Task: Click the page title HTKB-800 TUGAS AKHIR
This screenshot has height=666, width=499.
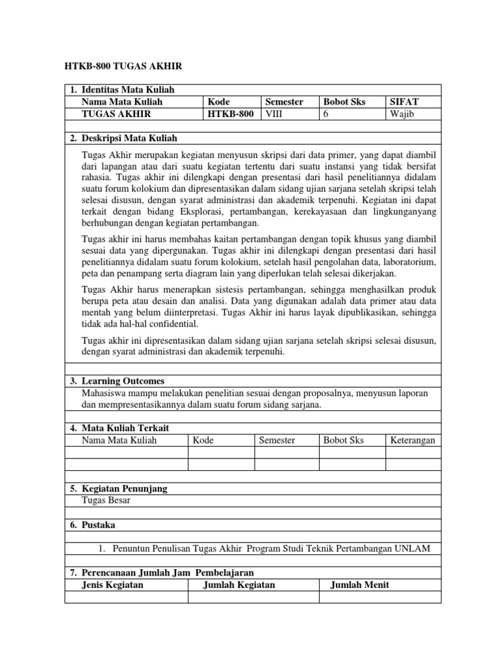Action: [123, 66]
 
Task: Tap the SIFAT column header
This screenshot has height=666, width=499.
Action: [403, 102]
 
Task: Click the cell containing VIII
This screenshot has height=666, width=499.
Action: [274, 114]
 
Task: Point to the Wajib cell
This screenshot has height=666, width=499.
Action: [402, 114]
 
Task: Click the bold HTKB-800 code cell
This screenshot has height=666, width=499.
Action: [231, 114]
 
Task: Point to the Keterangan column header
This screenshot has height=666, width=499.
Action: [413, 440]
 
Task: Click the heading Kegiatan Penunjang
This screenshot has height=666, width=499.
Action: [124, 488]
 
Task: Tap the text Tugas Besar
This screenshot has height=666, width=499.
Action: [106, 500]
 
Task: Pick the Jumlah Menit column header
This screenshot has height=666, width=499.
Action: [360, 585]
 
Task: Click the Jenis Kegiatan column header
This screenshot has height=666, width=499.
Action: [112, 585]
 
